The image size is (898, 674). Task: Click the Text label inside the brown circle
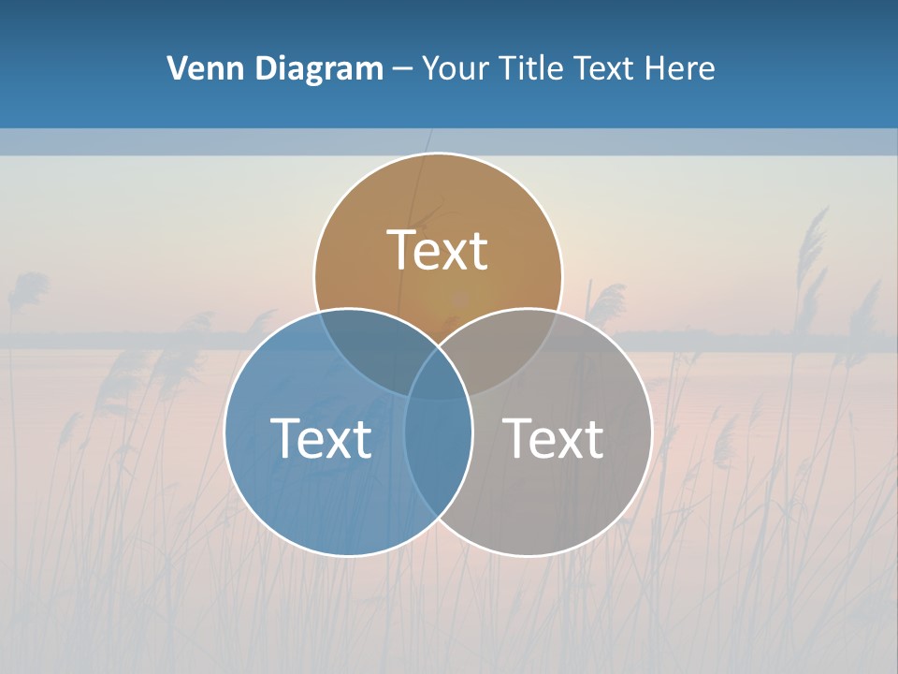coord(438,250)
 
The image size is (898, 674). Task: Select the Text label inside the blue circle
coord(321,438)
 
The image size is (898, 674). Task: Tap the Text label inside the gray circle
coord(553,438)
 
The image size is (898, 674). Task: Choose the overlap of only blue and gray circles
coord(438,459)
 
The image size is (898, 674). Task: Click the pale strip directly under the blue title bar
coord(449,141)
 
